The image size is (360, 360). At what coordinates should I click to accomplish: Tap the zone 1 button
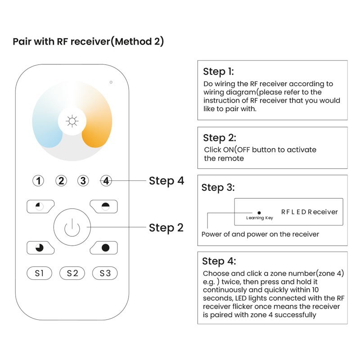(x=40, y=181)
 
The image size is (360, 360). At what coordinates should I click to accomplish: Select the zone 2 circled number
(x=61, y=181)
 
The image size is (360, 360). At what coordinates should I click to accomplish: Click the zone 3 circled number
(x=83, y=181)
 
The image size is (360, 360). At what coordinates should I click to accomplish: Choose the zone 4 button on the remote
(x=106, y=181)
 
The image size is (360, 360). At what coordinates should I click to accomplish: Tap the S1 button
(x=40, y=273)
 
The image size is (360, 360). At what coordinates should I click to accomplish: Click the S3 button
(x=105, y=273)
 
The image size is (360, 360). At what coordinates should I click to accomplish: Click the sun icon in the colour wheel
(x=72, y=121)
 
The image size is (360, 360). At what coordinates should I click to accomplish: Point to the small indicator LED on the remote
(x=111, y=82)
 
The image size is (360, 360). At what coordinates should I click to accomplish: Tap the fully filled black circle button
(x=105, y=247)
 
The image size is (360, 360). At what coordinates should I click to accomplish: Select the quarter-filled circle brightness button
(x=40, y=207)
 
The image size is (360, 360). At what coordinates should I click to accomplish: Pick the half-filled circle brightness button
(x=105, y=207)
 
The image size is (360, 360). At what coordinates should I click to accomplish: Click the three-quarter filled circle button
(x=40, y=247)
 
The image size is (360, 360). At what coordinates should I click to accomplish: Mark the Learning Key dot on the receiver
(x=259, y=212)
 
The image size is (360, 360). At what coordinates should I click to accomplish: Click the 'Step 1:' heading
(x=218, y=72)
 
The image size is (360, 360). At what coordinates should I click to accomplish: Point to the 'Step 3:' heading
(x=218, y=188)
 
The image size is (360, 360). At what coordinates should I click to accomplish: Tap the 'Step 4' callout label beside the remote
(x=166, y=181)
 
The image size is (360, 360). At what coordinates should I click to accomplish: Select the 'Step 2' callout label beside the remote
(x=166, y=228)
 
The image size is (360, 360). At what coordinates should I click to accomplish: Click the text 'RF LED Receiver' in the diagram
(x=309, y=212)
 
